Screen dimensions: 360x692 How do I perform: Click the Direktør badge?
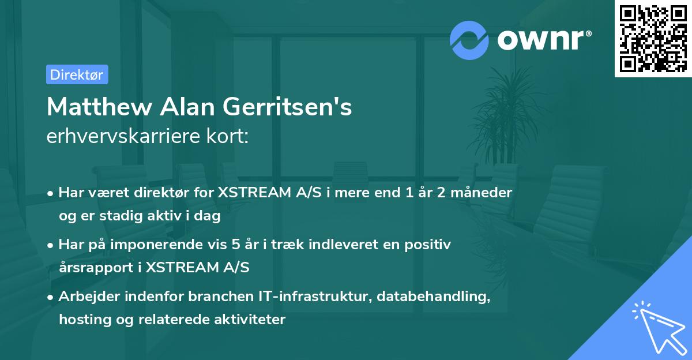point(77,74)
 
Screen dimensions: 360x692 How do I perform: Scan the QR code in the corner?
point(653,38)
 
